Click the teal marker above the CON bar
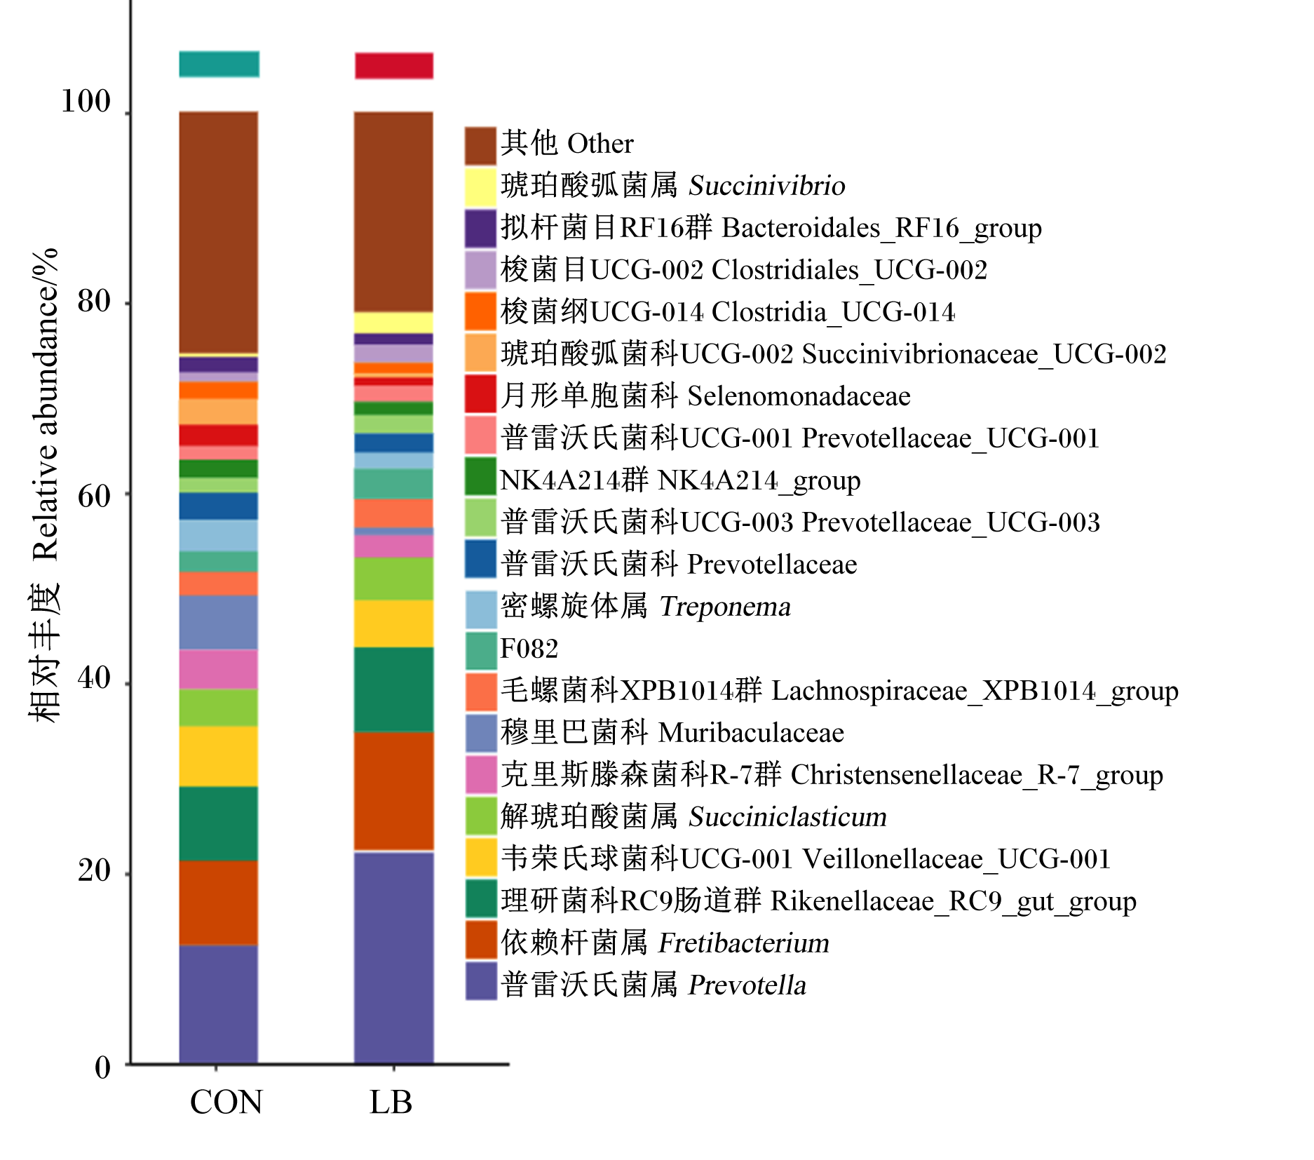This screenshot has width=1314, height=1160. pos(219,64)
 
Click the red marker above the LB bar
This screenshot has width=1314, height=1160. pos(394,65)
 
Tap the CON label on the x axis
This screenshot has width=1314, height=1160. pos(226,1102)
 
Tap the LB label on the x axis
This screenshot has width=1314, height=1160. pos(391,1102)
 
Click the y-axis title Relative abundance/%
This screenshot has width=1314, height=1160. pos(45,405)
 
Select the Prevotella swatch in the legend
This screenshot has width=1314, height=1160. pos(481,980)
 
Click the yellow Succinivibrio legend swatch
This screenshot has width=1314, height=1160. pos(481,186)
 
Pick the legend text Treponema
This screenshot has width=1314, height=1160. pos(725,607)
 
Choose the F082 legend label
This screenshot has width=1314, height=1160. pos(529,649)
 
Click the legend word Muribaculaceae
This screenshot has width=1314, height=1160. pos(751,733)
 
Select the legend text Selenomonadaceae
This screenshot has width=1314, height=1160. pos(799,396)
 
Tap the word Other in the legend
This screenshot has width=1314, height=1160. pos(600,144)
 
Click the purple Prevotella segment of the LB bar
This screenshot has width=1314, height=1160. pos(394,958)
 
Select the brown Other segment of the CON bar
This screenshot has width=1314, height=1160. pos(219,233)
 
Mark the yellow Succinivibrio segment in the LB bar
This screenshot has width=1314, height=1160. pos(394,323)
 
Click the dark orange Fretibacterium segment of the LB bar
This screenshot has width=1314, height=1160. pos(394,792)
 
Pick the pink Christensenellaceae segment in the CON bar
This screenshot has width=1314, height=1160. pos(219,669)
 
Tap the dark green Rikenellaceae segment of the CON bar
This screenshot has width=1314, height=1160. pos(219,823)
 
